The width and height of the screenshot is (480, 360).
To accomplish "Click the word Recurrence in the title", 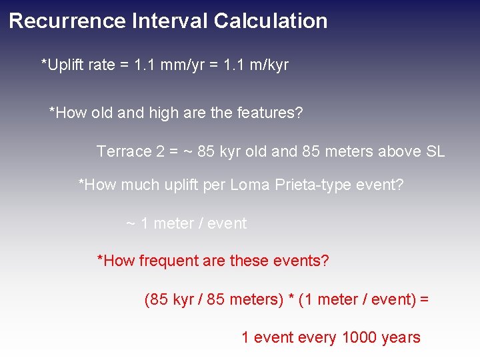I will pos(67,21).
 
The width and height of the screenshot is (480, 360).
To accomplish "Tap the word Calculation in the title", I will pos(271,21).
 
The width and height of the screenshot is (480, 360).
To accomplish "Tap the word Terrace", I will pos(124,151).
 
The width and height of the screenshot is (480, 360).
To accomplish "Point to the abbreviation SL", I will pos(435,151).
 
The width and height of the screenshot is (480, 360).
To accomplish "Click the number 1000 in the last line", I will pos(359,338).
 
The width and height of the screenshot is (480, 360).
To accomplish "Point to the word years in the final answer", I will pos(401,338).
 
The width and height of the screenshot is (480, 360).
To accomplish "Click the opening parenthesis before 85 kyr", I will pos(147,299).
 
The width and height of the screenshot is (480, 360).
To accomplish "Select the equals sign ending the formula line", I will pos(424,300).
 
